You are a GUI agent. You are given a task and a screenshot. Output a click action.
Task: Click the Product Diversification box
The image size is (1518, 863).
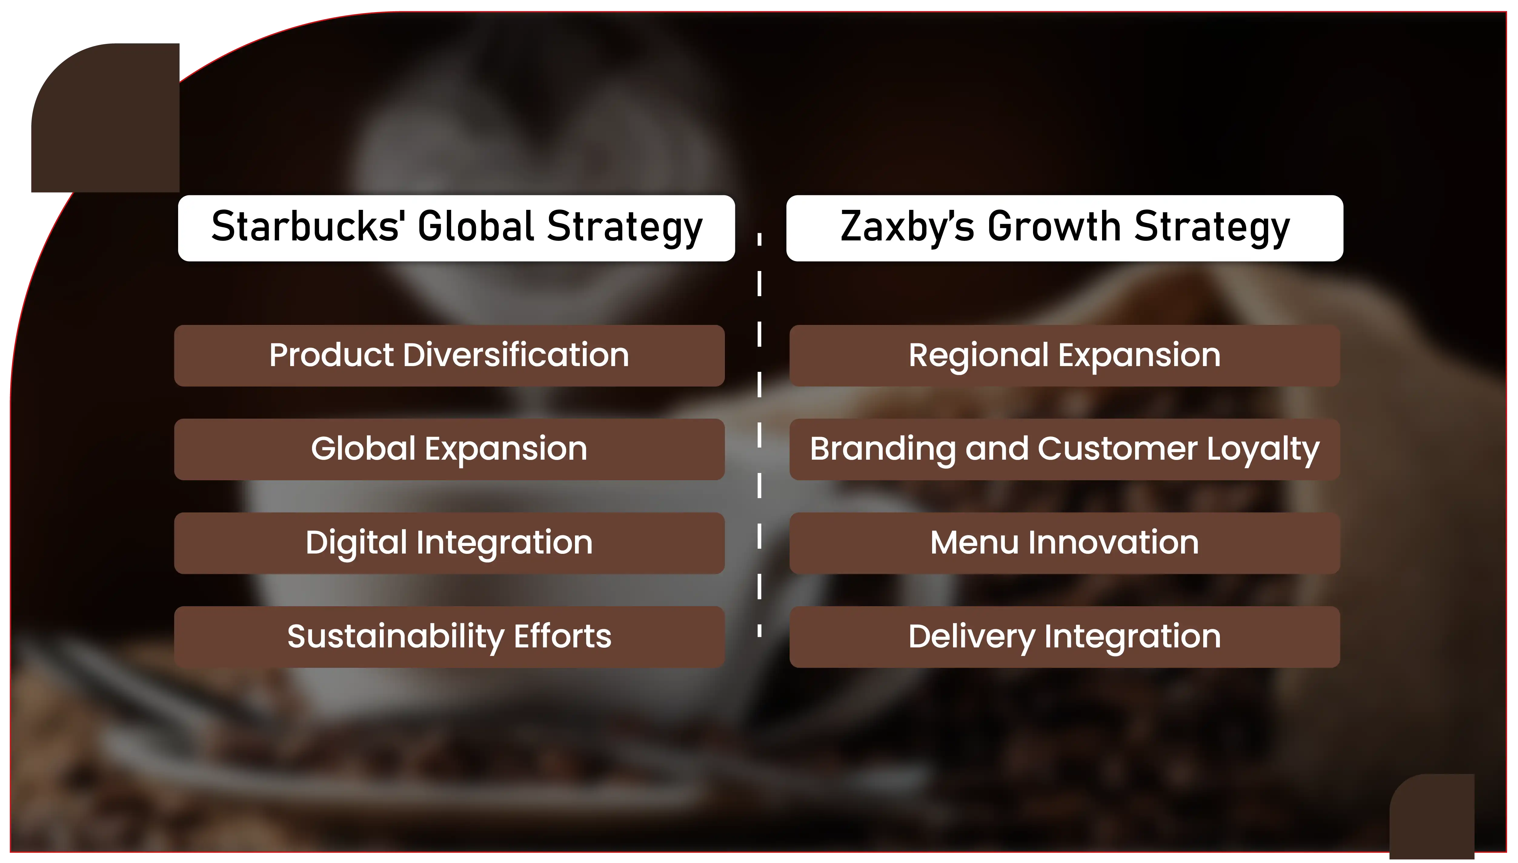[449, 355]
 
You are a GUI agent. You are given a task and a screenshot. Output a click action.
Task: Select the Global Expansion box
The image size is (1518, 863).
[449, 449]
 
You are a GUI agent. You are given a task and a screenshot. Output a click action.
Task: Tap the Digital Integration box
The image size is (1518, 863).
[449, 543]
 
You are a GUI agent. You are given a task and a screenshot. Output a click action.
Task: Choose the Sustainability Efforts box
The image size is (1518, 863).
[449, 637]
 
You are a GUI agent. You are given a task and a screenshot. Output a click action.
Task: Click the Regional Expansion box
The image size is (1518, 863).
[1065, 355]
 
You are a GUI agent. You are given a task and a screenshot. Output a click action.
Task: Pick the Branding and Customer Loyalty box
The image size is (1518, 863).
[1065, 449]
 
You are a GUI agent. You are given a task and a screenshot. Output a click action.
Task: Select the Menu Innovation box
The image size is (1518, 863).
[1065, 543]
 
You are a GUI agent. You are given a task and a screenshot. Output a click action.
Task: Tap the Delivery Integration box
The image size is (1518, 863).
[1065, 637]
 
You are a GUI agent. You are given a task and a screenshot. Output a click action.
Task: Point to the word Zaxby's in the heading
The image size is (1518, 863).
[907, 227]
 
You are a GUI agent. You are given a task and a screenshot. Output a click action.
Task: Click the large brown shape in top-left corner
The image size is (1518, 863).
[105, 117]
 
